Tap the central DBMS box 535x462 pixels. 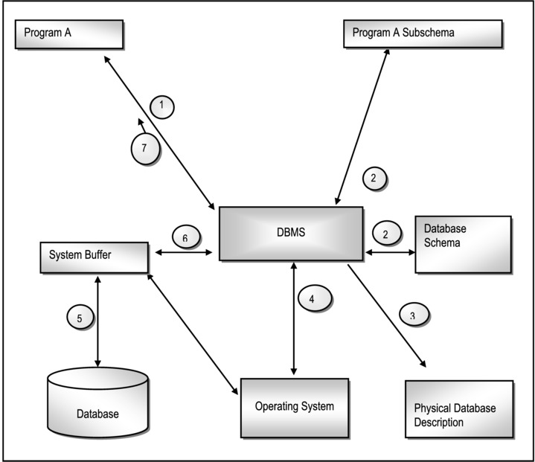[x=290, y=234]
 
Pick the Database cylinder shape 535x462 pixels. [x=97, y=405]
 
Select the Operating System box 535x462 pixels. [x=295, y=407]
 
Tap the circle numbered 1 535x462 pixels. [x=161, y=106]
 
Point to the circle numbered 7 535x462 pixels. [x=144, y=148]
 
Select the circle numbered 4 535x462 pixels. [x=312, y=298]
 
